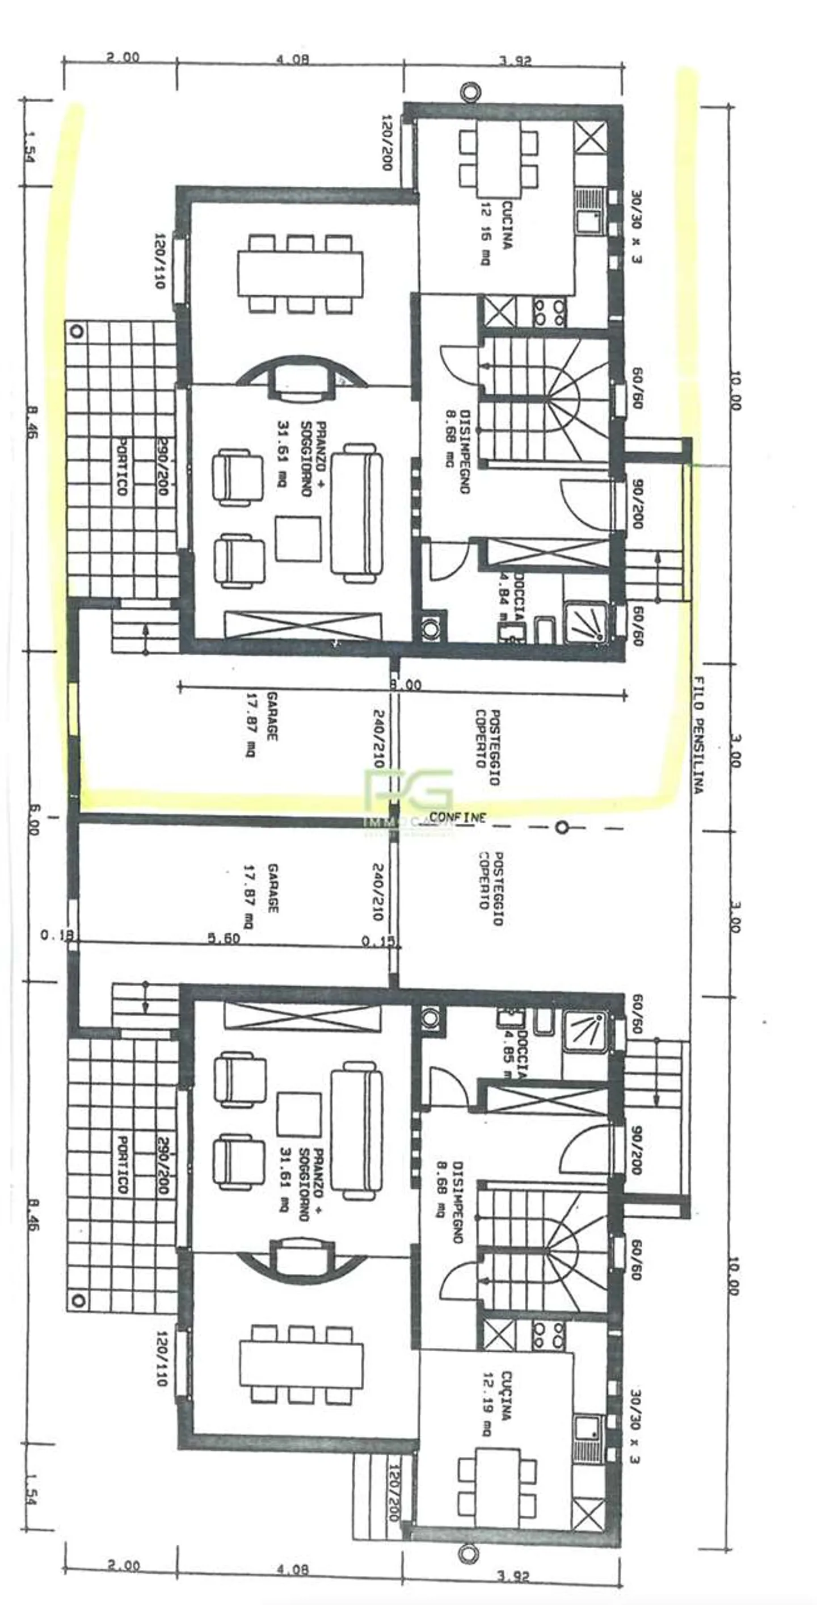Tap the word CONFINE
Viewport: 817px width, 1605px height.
pyautogui.click(x=457, y=817)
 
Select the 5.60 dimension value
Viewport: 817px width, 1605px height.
pyautogui.click(x=224, y=938)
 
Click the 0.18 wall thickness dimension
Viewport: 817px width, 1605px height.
pyautogui.click(x=57, y=934)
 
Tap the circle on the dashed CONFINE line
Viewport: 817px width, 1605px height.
pyautogui.click(x=562, y=827)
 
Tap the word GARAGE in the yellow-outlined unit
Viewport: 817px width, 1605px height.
pyautogui.click(x=272, y=716)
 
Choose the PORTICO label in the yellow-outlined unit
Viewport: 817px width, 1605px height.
pyautogui.click(x=122, y=467)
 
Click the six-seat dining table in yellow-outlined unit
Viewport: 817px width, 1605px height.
pyautogui.click(x=300, y=274)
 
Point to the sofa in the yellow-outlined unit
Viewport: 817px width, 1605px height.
pyautogui.click(x=356, y=512)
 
